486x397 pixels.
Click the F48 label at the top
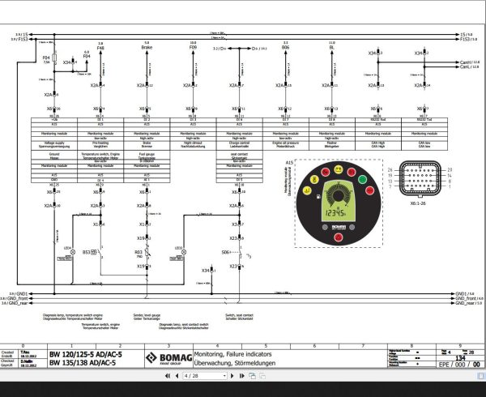coord(100,49)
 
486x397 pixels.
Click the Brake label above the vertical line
coord(147,49)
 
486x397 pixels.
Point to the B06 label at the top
coord(286,49)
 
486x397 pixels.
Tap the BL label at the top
coord(332,49)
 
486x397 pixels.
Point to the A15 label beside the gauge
coord(289,163)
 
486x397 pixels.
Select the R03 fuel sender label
coord(138,253)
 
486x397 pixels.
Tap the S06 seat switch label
coord(227,252)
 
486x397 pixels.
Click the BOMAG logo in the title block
coord(165,358)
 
